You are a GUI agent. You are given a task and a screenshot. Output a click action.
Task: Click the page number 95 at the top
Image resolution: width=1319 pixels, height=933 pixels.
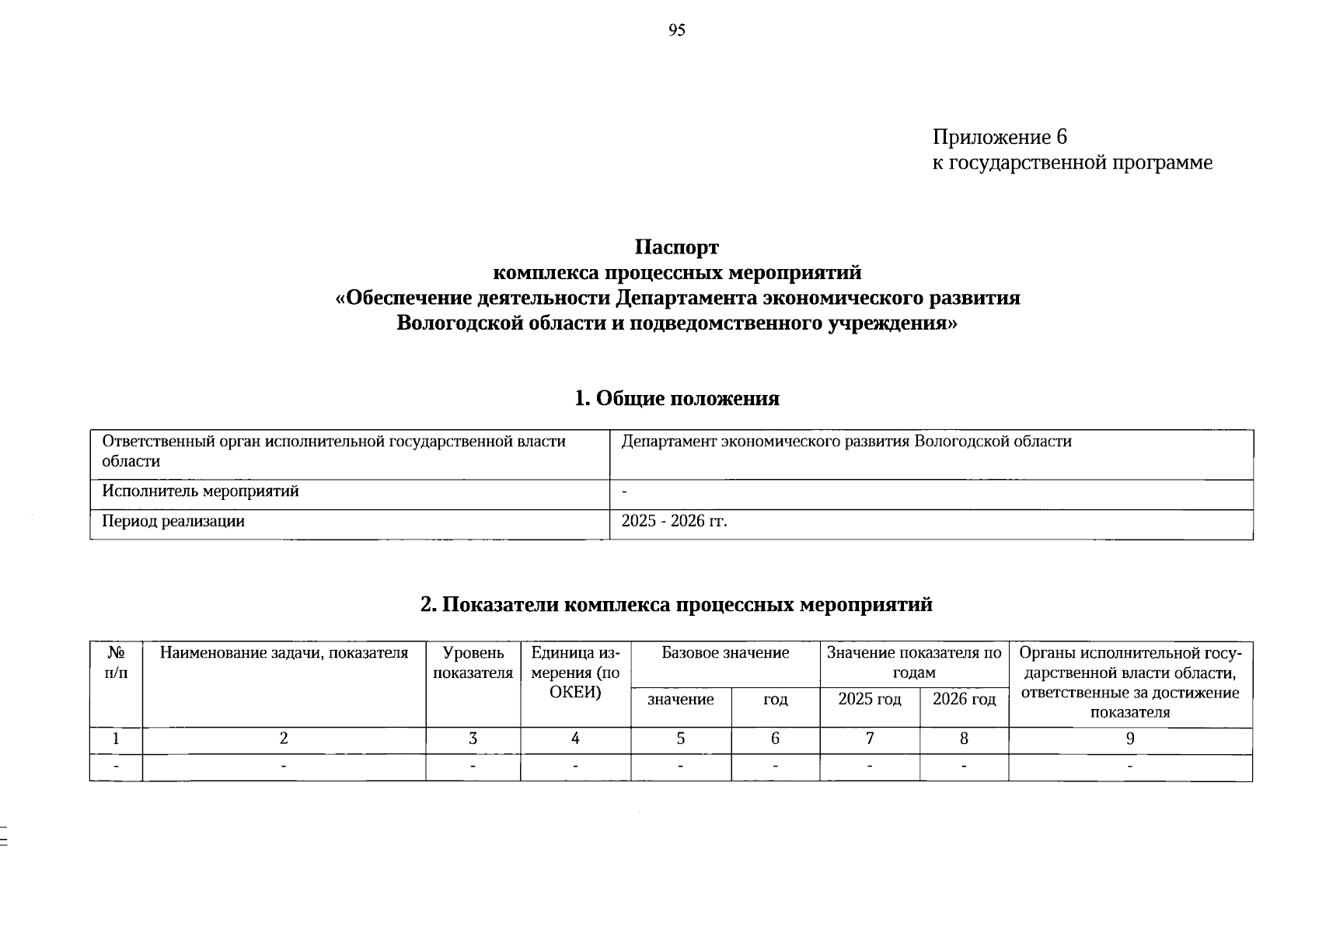(x=676, y=30)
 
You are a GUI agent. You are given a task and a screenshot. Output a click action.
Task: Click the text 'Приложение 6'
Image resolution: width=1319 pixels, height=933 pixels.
(x=1000, y=138)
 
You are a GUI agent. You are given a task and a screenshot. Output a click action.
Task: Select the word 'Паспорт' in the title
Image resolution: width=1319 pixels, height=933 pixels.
(x=676, y=248)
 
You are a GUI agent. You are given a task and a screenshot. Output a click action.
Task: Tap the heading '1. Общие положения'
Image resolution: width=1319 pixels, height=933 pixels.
(x=676, y=399)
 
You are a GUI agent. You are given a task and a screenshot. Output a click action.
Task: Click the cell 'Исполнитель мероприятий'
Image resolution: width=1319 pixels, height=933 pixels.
(x=201, y=492)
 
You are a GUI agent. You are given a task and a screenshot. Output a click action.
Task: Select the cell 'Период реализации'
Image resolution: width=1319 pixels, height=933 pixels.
(x=173, y=522)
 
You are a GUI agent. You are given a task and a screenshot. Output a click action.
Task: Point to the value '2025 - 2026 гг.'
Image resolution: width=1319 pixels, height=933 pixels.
(x=674, y=522)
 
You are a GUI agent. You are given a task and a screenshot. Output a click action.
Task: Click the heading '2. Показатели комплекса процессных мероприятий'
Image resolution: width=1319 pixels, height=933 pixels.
(x=676, y=605)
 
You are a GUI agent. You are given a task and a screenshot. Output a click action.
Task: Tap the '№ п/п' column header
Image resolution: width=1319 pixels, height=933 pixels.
(x=116, y=662)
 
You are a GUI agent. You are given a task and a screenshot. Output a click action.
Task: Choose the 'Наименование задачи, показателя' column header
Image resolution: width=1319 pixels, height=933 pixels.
(x=284, y=653)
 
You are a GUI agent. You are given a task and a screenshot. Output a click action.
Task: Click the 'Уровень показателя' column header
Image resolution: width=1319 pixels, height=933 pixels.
(x=473, y=662)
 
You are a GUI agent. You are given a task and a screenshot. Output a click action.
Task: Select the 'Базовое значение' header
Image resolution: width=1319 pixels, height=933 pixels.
(x=725, y=653)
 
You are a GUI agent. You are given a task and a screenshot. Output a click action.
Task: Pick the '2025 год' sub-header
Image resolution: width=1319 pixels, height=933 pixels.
(x=870, y=700)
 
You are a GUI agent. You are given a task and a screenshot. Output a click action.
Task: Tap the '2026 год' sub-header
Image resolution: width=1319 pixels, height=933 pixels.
(x=964, y=700)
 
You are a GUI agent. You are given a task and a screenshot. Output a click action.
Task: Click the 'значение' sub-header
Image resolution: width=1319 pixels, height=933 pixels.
(x=681, y=700)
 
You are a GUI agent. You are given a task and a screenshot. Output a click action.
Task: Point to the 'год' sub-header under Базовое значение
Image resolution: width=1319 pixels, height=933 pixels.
(x=775, y=700)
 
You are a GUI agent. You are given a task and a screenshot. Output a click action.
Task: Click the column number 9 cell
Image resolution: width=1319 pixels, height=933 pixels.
(x=1130, y=739)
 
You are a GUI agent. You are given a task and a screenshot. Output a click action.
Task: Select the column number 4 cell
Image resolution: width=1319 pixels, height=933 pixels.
(x=575, y=739)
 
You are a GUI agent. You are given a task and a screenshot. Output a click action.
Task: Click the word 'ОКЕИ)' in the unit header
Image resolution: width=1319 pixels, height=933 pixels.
(x=575, y=692)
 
